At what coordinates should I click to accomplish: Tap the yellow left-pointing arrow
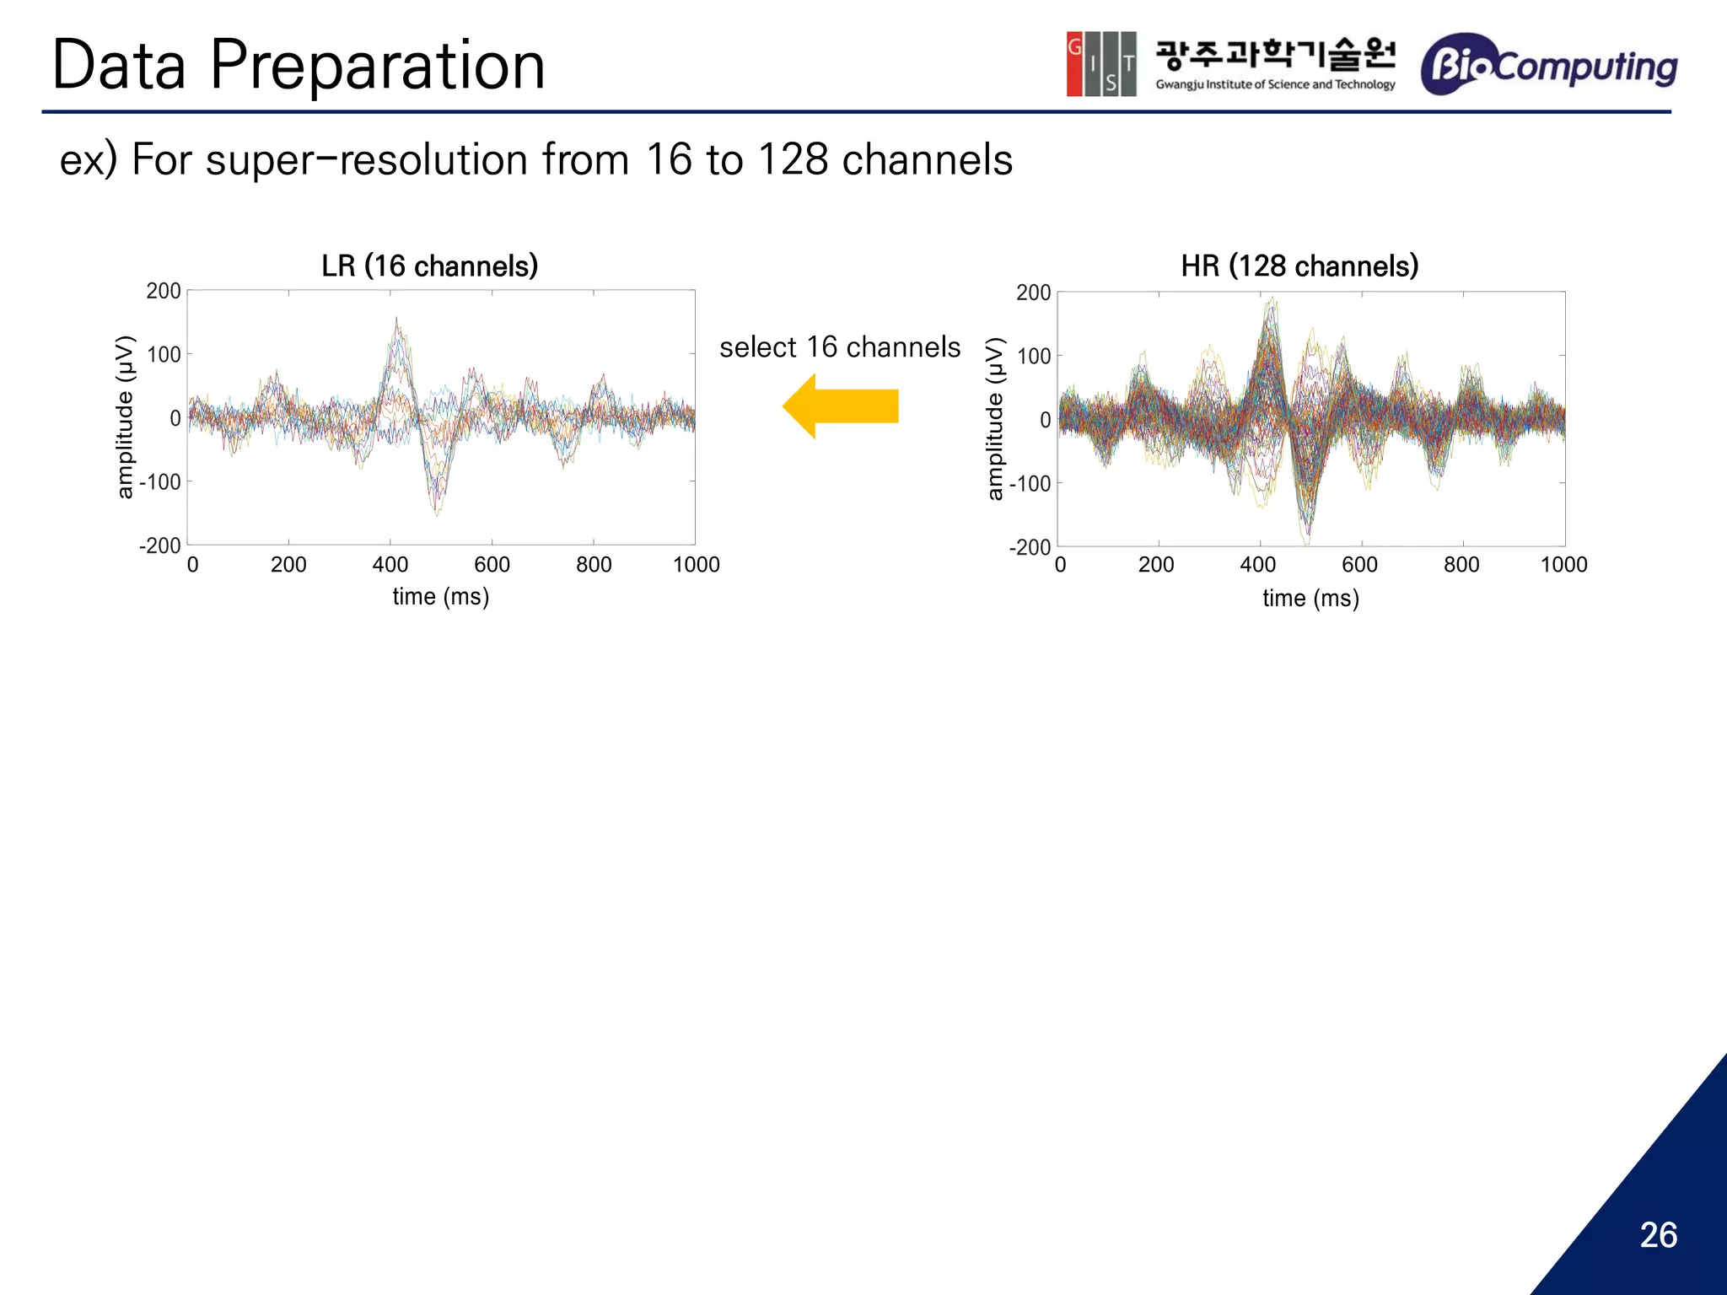(x=840, y=406)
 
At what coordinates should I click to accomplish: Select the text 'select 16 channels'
(x=839, y=347)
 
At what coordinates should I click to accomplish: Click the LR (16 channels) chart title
(x=429, y=266)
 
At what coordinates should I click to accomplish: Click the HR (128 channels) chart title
(x=1299, y=266)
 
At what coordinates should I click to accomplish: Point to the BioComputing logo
(x=1549, y=64)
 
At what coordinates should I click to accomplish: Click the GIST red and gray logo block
(x=1100, y=64)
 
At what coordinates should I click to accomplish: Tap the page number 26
(x=1658, y=1235)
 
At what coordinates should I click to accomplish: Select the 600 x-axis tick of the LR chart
(x=492, y=565)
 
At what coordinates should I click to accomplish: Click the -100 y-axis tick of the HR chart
(x=1030, y=484)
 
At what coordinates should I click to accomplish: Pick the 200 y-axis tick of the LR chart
(x=164, y=292)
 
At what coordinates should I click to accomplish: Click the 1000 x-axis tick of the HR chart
(x=1563, y=565)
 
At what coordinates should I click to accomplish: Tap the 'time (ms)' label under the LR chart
(x=440, y=597)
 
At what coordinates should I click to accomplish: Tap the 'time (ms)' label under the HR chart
(x=1310, y=599)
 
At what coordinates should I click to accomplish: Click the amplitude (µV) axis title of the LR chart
(x=125, y=417)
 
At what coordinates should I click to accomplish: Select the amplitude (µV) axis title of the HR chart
(x=995, y=419)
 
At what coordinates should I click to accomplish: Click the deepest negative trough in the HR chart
(x=1306, y=540)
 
